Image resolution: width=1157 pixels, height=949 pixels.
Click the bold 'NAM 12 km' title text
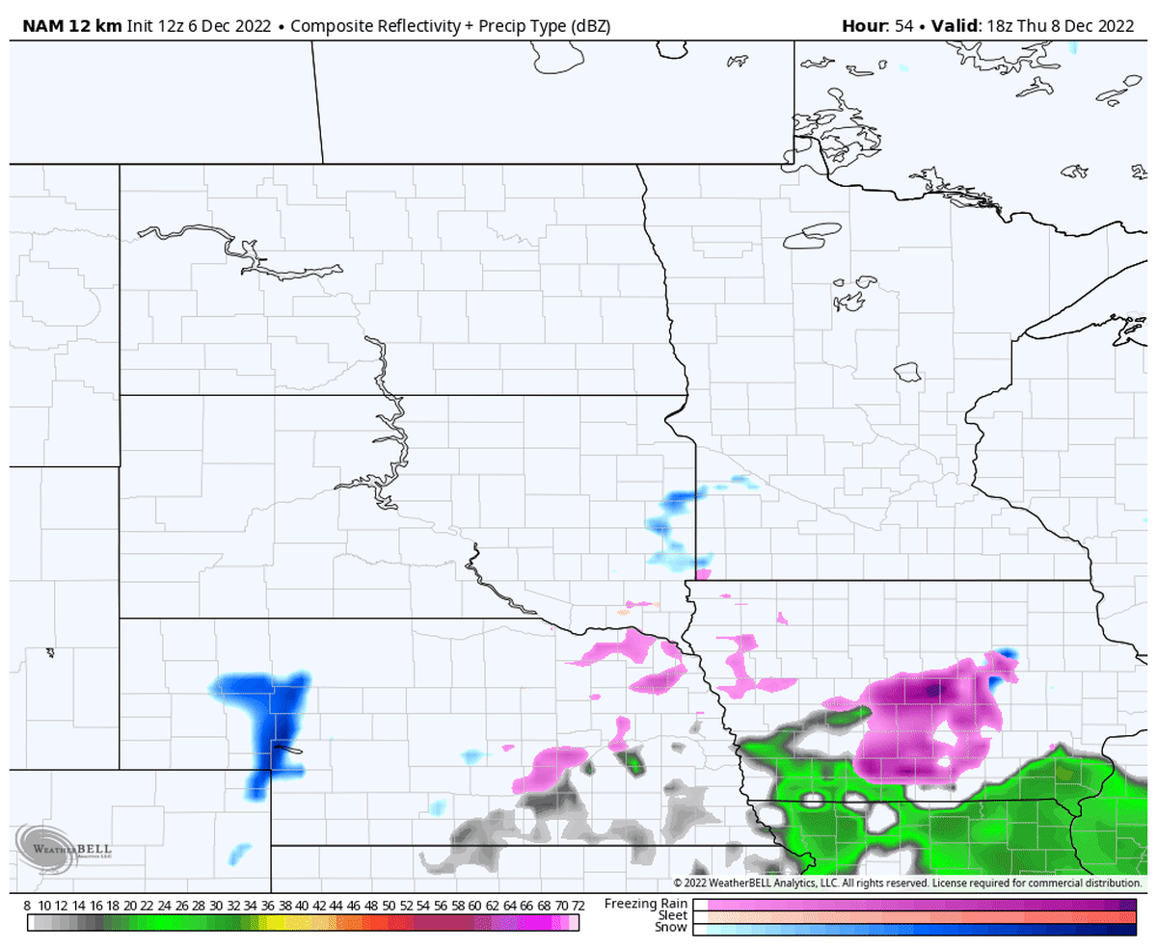click(x=65, y=26)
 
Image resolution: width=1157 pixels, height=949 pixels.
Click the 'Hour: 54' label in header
click(x=876, y=26)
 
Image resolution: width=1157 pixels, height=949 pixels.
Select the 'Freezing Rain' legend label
click(x=646, y=904)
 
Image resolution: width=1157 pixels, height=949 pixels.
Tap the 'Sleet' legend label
click(x=672, y=915)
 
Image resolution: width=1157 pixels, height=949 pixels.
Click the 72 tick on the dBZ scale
click(x=578, y=907)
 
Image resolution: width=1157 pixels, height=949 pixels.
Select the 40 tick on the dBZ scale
click(x=302, y=907)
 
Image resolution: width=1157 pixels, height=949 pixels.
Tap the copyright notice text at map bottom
click(x=906, y=883)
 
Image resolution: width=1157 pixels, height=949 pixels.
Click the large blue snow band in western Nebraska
click(x=268, y=723)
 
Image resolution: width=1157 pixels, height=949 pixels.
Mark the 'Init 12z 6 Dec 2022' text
click(x=200, y=26)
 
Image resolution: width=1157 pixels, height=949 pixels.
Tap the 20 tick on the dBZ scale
click(x=130, y=907)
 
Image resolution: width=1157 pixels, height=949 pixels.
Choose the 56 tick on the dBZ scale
click(x=440, y=907)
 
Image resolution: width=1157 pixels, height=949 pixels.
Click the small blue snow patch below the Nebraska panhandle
click(x=239, y=853)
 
